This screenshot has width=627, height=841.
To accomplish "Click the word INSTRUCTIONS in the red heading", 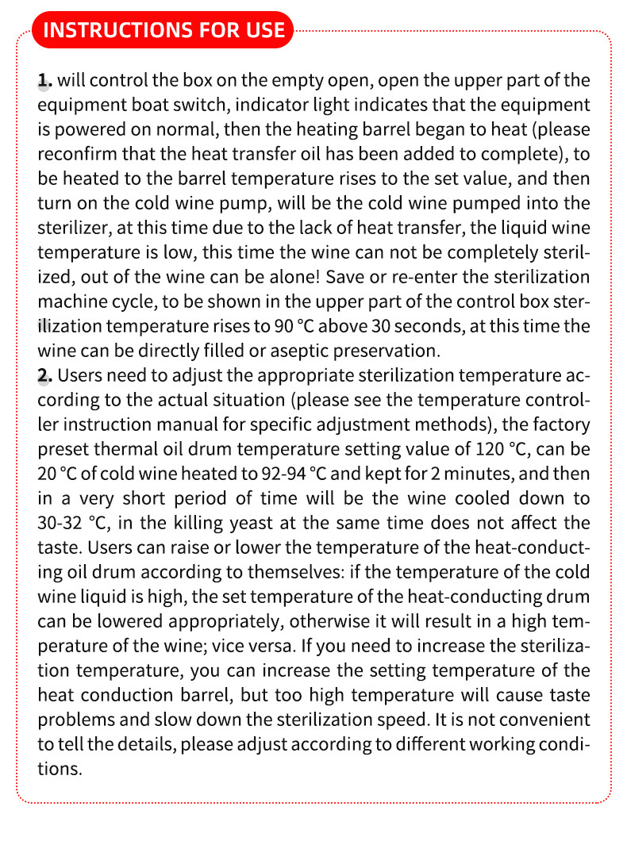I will click(x=105, y=30).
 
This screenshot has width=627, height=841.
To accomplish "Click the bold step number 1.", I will click(x=44, y=80).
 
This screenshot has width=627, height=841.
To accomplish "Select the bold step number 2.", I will click(x=44, y=375).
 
